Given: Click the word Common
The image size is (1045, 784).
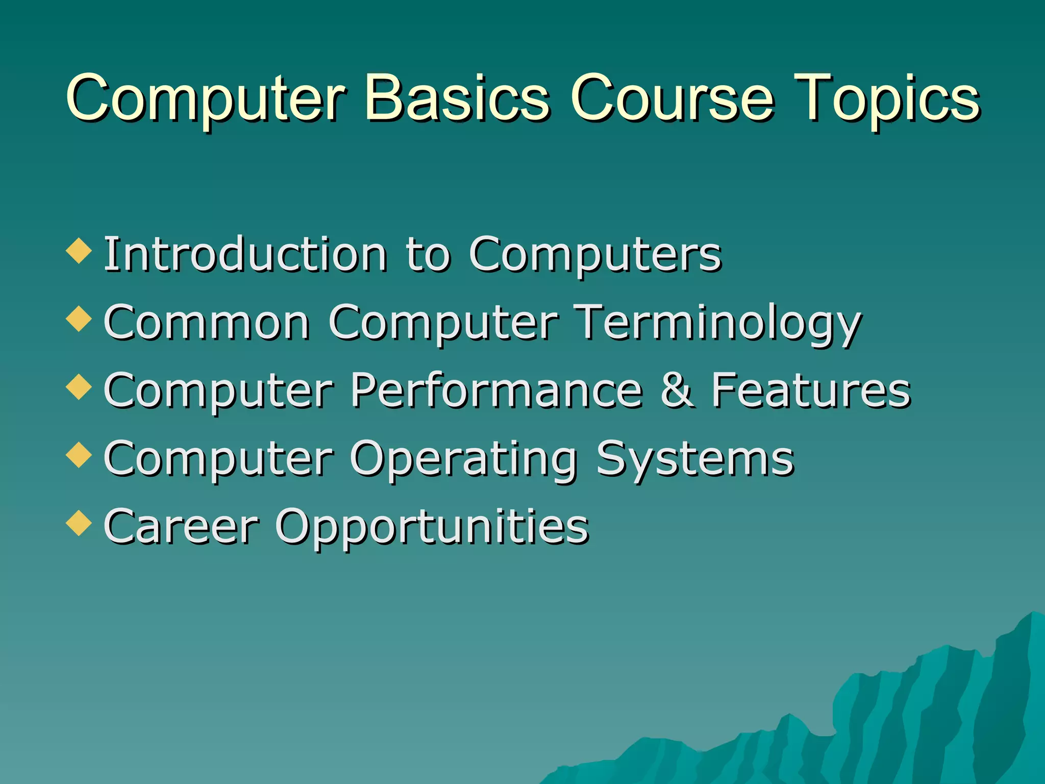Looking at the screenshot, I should point(207,322).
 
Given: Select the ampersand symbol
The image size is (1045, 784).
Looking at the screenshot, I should point(677,390).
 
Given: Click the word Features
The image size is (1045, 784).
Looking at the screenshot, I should point(811,390).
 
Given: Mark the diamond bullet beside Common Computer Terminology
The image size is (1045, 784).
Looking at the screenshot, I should point(79,320).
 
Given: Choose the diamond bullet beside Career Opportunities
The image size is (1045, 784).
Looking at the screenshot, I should point(79,523).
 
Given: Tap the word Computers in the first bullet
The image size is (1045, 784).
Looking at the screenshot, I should point(595,255).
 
